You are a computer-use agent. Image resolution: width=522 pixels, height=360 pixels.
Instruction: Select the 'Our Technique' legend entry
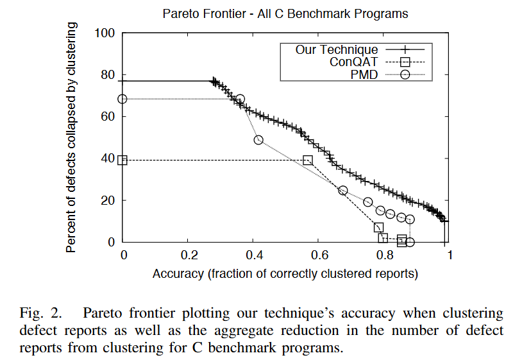[x=337, y=49]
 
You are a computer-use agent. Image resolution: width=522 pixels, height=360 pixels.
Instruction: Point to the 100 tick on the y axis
[x=105, y=33]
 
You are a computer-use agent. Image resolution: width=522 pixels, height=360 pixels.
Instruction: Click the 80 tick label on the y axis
[x=107, y=74]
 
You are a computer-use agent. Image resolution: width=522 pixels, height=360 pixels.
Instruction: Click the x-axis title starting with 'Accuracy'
[x=285, y=274]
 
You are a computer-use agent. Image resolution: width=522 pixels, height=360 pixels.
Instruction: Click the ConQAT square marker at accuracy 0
[x=123, y=160]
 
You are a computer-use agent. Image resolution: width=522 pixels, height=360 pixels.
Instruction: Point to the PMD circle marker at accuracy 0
[x=123, y=99]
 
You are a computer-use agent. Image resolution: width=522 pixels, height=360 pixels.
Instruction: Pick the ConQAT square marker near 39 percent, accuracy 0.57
[x=308, y=160]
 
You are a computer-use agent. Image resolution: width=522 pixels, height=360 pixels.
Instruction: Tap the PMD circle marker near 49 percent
[x=258, y=140]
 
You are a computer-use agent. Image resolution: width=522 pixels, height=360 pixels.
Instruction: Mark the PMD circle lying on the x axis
[x=410, y=242]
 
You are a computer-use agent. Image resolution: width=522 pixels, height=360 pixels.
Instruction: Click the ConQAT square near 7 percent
[x=379, y=227]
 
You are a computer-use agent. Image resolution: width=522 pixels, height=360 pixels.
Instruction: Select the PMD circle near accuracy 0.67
[x=342, y=191]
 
